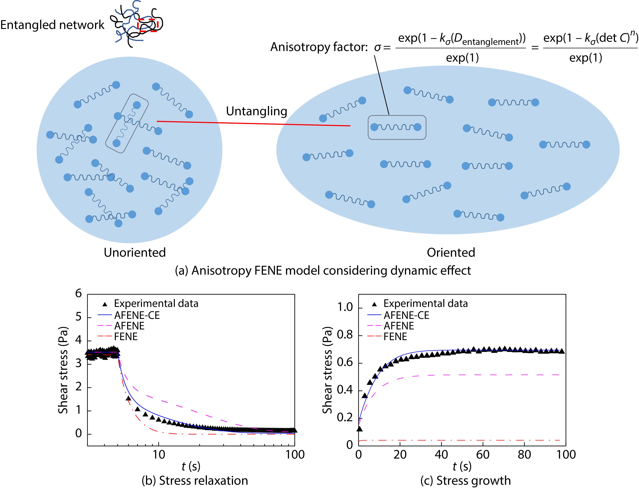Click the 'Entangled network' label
point(52,25)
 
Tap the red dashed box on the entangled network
point(148,25)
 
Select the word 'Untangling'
point(257,111)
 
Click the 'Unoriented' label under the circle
point(135,252)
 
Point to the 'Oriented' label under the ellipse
point(451,252)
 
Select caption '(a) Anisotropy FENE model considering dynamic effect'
point(323,270)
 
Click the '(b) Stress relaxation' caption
point(195,481)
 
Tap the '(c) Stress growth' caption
point(465,481)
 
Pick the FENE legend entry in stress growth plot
point(395,337)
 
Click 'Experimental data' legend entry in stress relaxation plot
point(156,304)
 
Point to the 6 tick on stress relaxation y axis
point(78,294)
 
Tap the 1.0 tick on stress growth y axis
point(345,307)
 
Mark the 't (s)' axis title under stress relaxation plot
point(191,466)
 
